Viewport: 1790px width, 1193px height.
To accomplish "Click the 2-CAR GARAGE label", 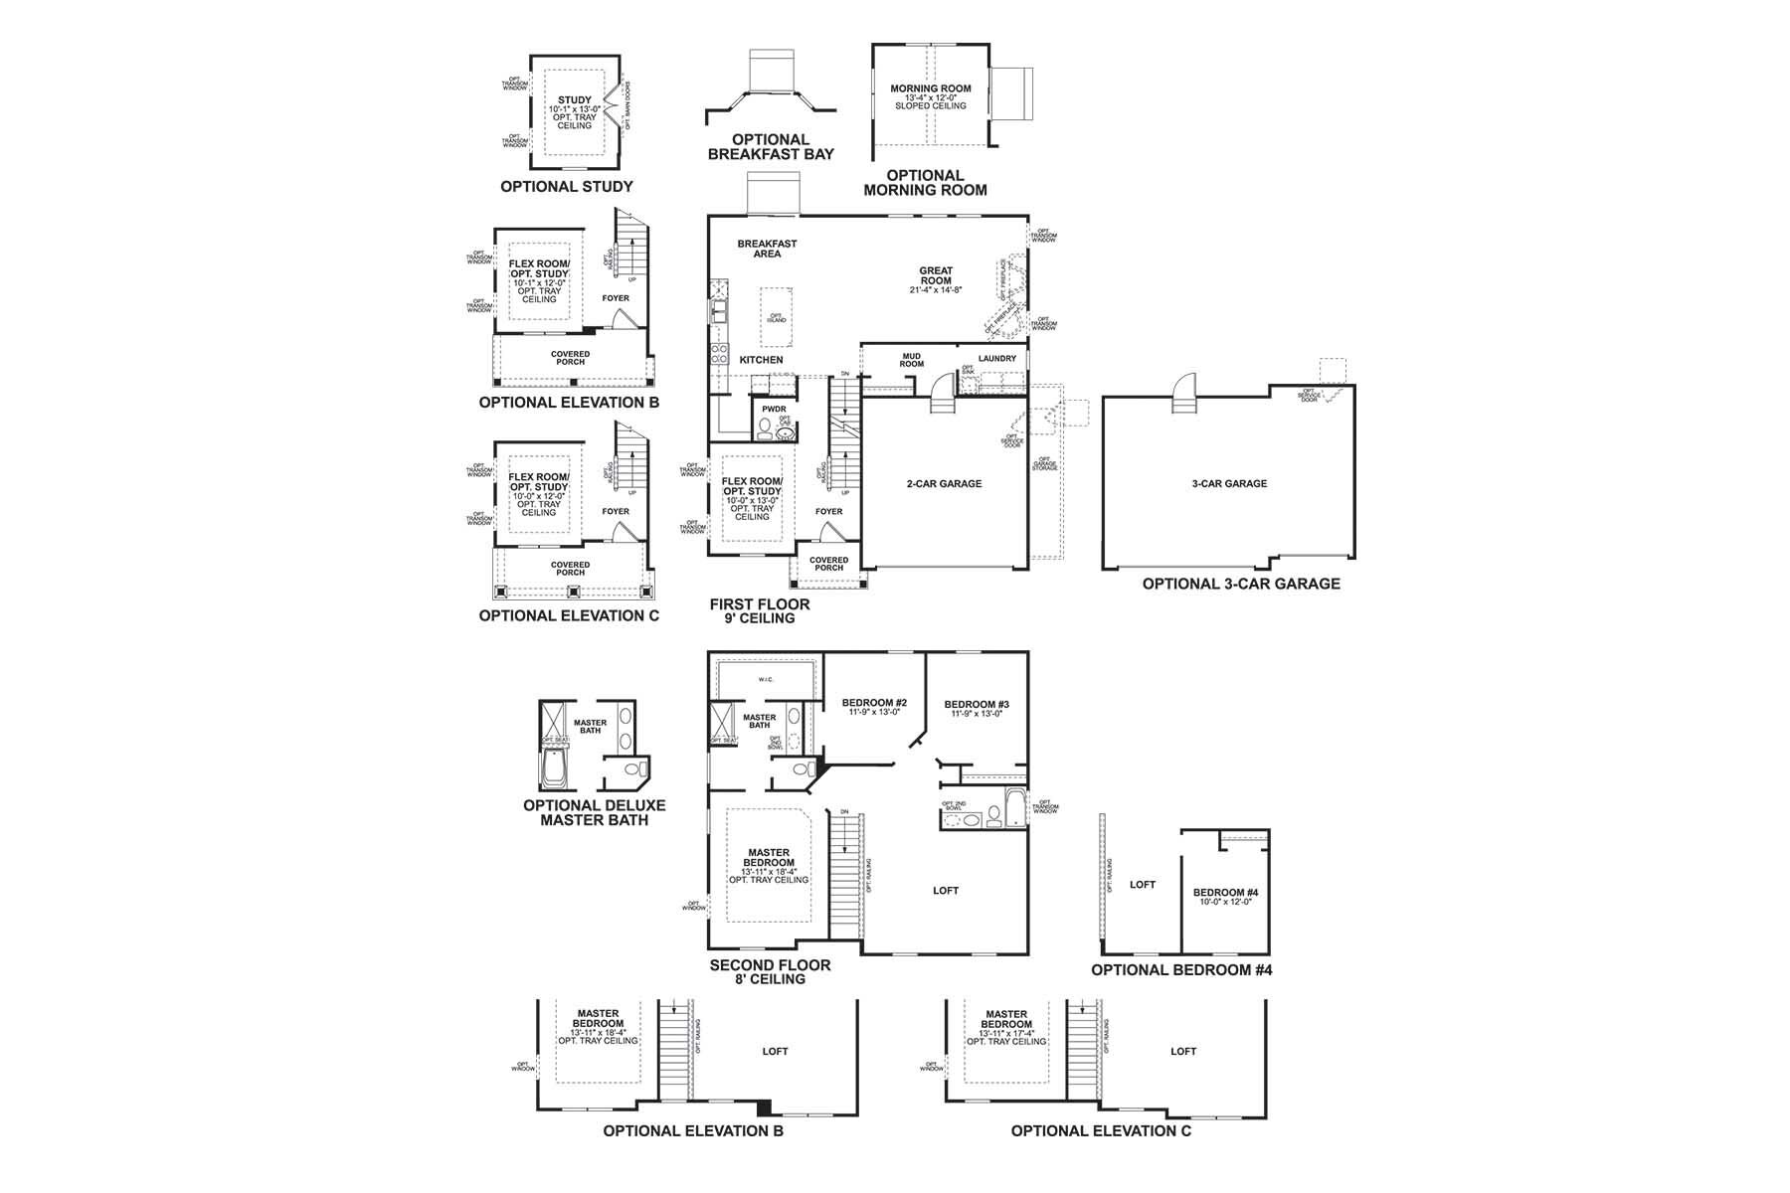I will [x=944, y=484].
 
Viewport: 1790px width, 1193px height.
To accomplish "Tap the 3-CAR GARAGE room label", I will [x=1229, y=484].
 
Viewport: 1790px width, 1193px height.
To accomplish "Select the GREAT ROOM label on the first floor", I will [x=936, y=274].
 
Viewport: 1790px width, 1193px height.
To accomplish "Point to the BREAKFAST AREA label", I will [x=767, y=249].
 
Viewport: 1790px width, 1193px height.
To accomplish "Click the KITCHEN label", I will [x=761, y=360].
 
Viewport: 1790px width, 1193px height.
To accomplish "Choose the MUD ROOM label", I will [x=912, y=360].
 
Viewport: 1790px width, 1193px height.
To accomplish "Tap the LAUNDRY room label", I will [x=996, y=359].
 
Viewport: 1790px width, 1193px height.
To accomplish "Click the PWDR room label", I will [x=774, y=410].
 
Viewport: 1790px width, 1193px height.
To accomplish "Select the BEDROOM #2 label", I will [x=874, y=703].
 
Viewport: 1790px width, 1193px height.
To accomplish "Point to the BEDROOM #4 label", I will [x=1225, y=893].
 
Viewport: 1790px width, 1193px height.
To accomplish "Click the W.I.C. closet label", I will [x=766, y=680].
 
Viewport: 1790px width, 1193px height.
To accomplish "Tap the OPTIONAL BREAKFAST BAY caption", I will [x=771, y=147].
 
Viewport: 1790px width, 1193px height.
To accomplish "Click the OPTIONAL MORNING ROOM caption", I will [x=925, y=183].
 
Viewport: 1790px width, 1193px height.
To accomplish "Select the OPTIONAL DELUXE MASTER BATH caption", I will [x=594, y=813].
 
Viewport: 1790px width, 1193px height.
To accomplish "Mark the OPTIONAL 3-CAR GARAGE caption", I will [x=1241, y=585].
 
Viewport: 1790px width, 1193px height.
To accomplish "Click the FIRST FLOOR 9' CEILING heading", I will [x=759, y=611].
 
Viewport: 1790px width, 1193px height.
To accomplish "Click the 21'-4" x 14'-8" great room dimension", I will [x=936, y=290].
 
